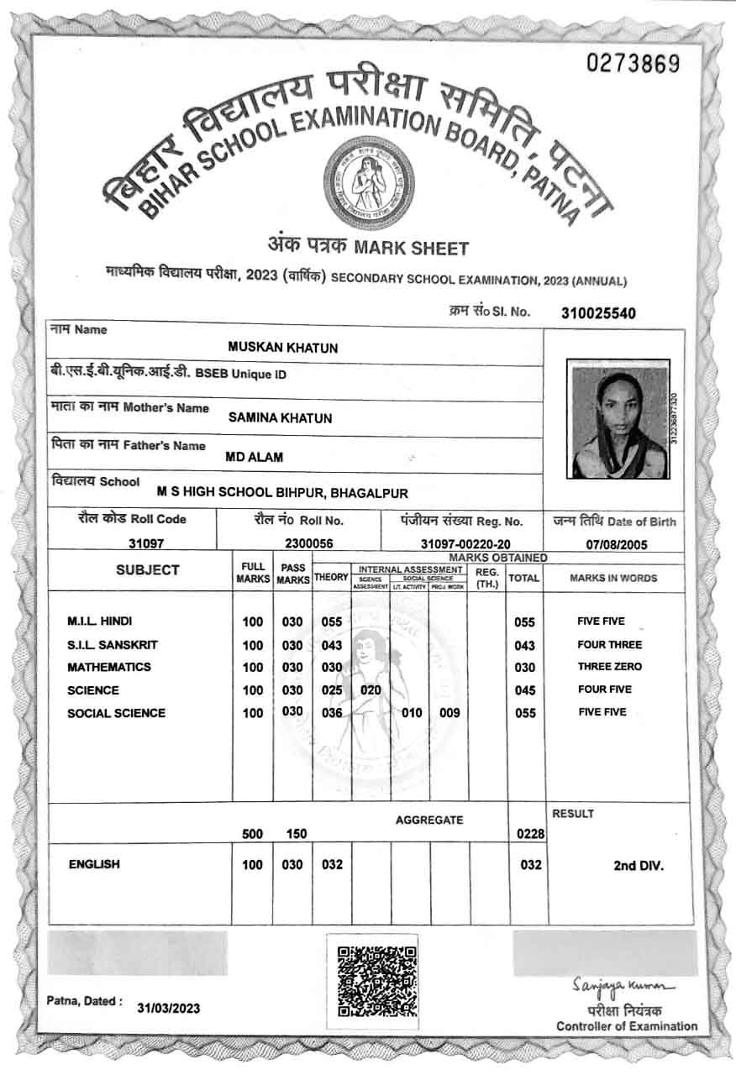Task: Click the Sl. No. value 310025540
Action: (598, 314)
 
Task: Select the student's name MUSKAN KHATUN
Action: (283, 348)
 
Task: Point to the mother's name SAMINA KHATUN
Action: (280, 418)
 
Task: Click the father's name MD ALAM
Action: (255, 458)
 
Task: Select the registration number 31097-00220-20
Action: (465, 544)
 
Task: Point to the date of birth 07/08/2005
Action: (617, 544)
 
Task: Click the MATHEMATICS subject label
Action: (109, 667)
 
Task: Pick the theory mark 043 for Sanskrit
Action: (332, 645)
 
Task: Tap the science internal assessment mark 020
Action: (371, 690)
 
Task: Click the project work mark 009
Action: (449, 713)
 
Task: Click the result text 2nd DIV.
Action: (638, 866)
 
